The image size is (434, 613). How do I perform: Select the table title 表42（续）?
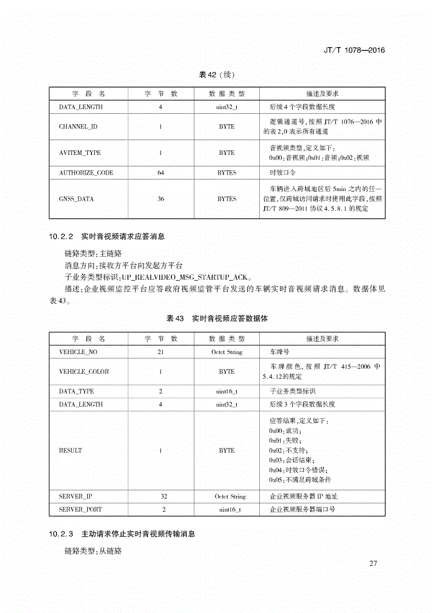click(x=217, y=75)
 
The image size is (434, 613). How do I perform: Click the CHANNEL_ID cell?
click(x=78, y=126)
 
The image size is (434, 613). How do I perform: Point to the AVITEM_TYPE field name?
click(x=80, y=153)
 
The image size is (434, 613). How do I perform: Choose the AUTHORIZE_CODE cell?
click(x=86, y=172)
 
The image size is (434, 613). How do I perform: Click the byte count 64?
click(x=161, y=172)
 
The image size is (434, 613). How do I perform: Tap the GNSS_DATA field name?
click(x=76, y=199)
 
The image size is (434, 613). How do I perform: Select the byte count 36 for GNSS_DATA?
click(x=161, y=199)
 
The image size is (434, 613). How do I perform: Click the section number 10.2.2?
click(x=60, y=237)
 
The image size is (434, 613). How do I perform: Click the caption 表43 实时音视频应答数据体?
click(x=217, y=318)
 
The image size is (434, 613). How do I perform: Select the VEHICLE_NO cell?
click(x=78, y=352)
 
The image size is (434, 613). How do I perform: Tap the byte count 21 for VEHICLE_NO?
click(x=161, y=352)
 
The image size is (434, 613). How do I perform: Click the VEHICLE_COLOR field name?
click(x=84, y=371)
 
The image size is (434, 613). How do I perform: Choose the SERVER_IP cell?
click(x=76, y=496)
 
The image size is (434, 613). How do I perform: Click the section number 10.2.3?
click(x=60, y=533)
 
